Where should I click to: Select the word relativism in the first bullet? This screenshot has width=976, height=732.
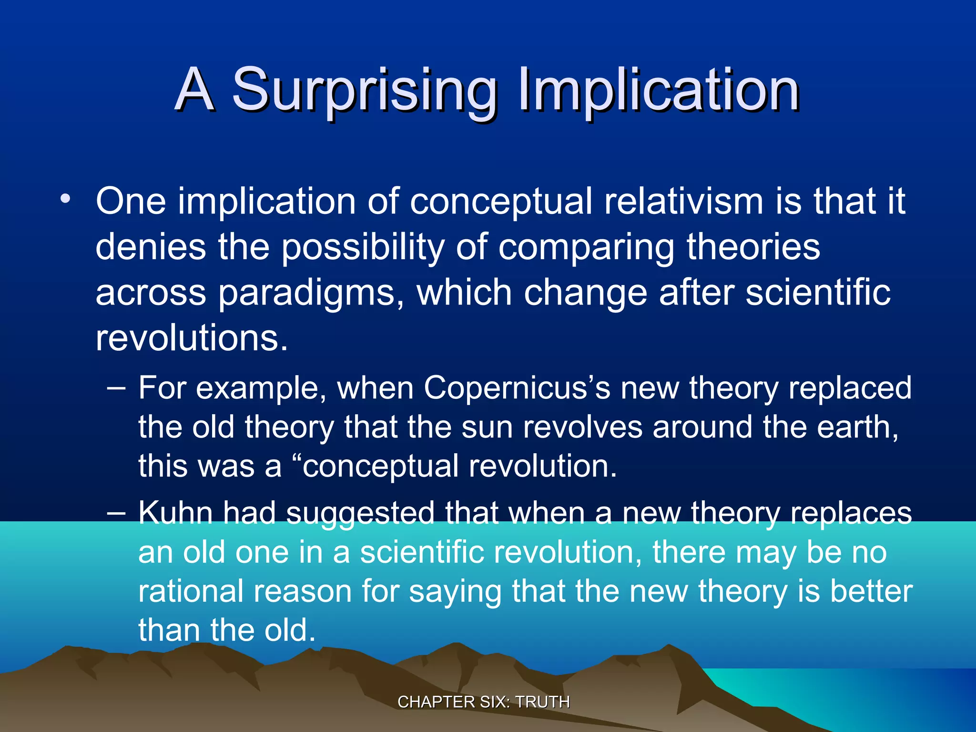(684, 202)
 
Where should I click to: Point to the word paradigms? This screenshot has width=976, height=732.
(307, 293)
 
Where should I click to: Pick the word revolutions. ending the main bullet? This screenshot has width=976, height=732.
(192, 338)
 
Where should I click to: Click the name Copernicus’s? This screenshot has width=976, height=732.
(517, 388)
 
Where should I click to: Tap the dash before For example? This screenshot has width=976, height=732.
(116, 388)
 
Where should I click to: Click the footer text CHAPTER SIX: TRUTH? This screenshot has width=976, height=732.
(484, 702)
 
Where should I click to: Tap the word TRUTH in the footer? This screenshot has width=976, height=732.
(543, 702)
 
